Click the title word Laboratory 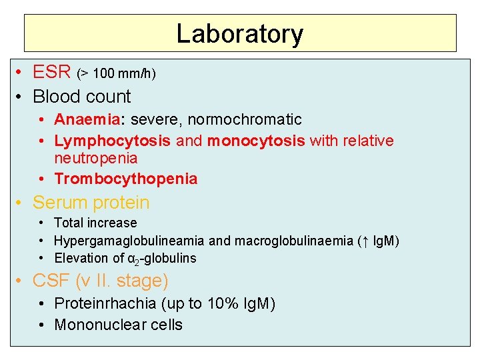(x=239, y=33)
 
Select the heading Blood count (x=81, y=97)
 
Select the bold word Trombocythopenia (x=126, y=179)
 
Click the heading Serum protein (x=91, y=203)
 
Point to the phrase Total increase (x=95, y=223)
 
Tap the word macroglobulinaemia (x=291, y=241)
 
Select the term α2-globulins (x=163, y=258)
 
